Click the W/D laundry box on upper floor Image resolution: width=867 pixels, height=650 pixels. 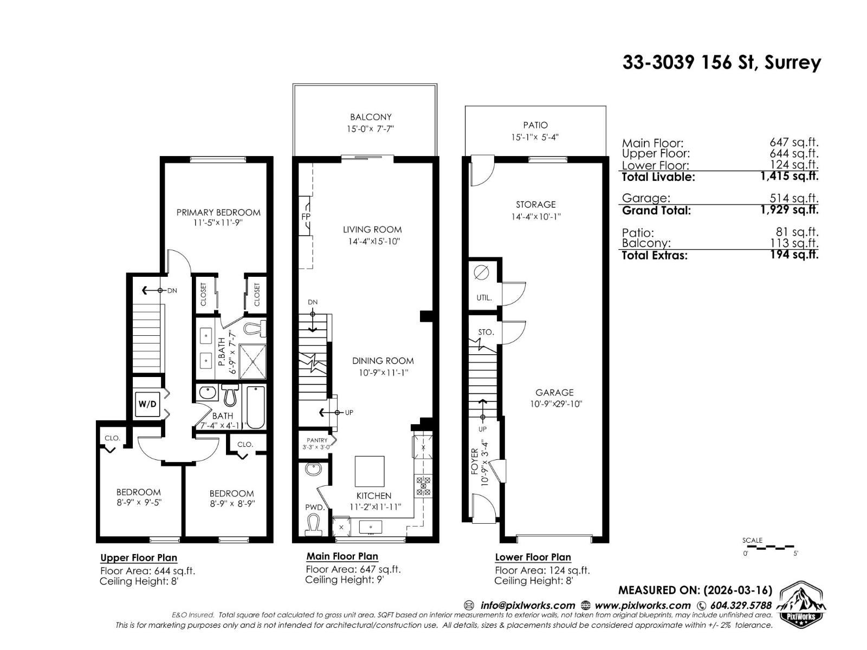point(147,404)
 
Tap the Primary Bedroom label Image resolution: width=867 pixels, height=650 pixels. point(218,212)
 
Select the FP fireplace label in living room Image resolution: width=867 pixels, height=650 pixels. point(306,217)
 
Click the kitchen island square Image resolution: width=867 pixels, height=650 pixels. point(370,471)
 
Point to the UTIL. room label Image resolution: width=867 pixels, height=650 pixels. point(484,298)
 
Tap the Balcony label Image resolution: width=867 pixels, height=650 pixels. point(371,117)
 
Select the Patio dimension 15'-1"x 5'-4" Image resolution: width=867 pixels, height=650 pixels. point(535,137)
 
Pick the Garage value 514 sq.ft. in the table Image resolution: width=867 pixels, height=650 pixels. point(794,198)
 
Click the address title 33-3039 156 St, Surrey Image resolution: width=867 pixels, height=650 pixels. point(721,63)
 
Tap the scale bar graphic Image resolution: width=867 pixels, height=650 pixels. point(768,547)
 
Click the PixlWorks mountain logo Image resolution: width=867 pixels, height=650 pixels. point(803,603)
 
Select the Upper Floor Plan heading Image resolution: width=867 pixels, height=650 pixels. point(139,558)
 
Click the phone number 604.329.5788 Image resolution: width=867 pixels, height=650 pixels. point(740,606)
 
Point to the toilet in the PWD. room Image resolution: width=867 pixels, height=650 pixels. point(313,523)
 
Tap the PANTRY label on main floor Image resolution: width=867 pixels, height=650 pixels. point(317,440)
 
